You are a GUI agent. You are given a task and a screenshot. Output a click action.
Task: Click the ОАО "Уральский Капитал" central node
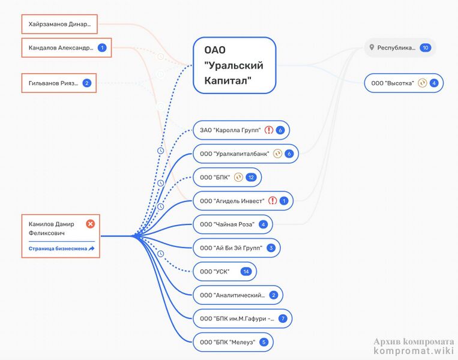[x=234, y=65]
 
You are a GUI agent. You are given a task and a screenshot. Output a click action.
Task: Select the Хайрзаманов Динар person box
[x=59, y=24]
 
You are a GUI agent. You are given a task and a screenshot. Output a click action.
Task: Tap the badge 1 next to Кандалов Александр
[x=102, y=47]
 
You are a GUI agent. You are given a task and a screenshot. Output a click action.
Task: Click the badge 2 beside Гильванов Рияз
[x=87, y=83]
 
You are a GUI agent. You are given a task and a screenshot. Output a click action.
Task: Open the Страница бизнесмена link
[x=61, y=248]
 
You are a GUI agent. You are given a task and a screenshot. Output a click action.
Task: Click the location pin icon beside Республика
[x=372, y=47]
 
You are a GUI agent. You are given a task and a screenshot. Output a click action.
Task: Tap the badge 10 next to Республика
[x=425, y=47]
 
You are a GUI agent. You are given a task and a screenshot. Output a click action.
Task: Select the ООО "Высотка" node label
[x=393, y=83]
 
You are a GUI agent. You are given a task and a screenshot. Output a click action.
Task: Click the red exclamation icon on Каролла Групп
[x=269, y=130]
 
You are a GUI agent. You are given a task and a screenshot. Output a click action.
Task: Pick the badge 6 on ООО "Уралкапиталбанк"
[x=289, y=154]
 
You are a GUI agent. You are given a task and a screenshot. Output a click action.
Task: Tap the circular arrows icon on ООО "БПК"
[x=238, y=177]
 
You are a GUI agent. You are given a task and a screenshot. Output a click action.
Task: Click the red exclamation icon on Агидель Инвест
[x=273, y=201]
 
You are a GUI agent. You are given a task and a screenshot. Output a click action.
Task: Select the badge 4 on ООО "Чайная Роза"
[x=263, y=224]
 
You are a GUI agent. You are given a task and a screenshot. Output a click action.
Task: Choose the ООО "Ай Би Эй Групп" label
[x=231, y=248]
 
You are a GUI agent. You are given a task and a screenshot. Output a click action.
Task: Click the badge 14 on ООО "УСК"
[x=246, y=272]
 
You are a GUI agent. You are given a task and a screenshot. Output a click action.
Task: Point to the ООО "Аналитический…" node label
[x=232, y=295]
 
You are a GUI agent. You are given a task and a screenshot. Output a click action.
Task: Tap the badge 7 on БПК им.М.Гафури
[x=283, y=319]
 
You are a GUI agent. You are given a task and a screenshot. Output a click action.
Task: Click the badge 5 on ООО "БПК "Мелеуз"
[x=264, y=342]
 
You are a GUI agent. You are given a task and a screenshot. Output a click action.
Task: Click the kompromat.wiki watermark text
[x=414, y=350]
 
